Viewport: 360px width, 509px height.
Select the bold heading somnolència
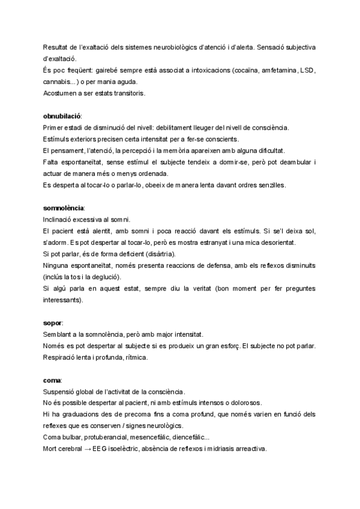click(x=64, y=208)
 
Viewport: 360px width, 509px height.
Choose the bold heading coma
click(x=52, y=381)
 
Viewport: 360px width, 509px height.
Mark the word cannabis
click(x=56, y=82)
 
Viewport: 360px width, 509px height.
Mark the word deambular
click(x=298, y=162)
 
